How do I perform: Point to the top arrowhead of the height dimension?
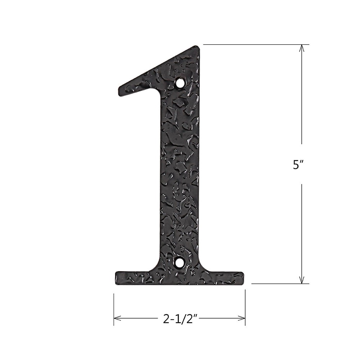pos(302,48)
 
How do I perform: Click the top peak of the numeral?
pos(196,47)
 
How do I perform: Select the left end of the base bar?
pos(117,278)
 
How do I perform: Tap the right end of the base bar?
pos(242,278)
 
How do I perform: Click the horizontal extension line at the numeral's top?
pos(252,44)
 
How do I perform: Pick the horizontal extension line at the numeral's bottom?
pos(277,284)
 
